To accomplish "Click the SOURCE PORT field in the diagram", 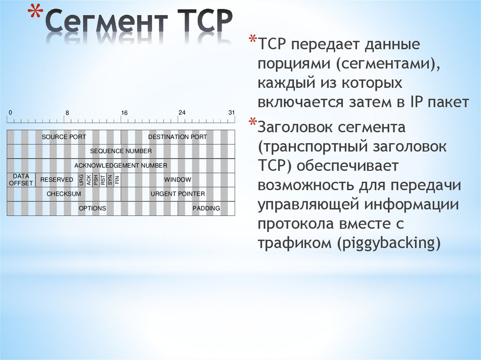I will point(64,137).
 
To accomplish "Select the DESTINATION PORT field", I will point(178,137).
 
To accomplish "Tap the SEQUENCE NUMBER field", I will point(121,151).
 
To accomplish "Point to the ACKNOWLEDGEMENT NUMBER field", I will point(121,166).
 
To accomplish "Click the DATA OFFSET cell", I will point(21,180).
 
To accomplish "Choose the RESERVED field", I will point(57,180).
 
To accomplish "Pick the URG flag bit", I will point(82,180).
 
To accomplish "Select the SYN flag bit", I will point(110,180).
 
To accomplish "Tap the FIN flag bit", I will point(117,180).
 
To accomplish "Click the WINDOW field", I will point(178,180).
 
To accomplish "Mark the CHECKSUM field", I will point(64,194).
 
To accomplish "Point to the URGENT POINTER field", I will point(178,194).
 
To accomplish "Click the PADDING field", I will point(206,208).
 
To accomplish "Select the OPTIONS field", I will point(93,208).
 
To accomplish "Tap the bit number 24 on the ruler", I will point(182,113).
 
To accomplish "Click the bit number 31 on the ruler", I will point(232,113).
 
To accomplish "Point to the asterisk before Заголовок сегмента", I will point(253,123).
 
